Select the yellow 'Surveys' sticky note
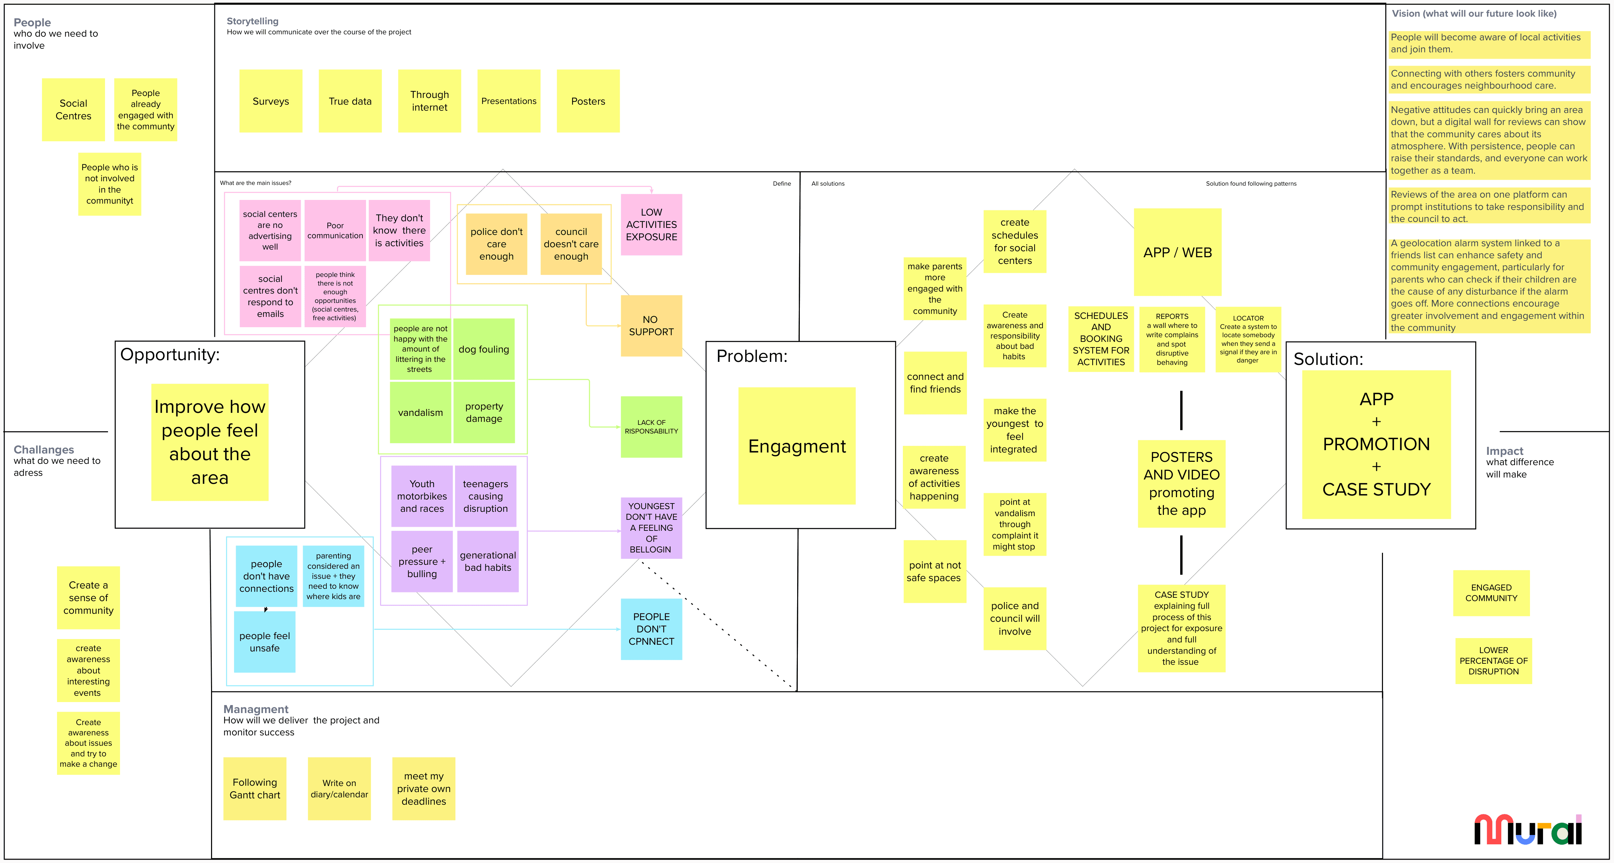point(271,101)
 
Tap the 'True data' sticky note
point(350,101)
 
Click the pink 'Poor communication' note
point(335,231)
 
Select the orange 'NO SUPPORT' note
point(651,326)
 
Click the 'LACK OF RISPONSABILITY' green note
point(651,427)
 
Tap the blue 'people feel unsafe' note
point(264,642)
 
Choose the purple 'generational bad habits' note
point(487,561)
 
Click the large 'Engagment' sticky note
point(796,446)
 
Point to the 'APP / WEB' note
point(1177,252)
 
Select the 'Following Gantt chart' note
point(254,788)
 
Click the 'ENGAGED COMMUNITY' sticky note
point(1491,592)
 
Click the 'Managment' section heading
point(256,709)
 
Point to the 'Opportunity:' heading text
point(170,355)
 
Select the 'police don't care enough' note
point(496,244)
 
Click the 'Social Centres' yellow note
point(73,110)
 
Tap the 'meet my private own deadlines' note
point(423,788)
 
